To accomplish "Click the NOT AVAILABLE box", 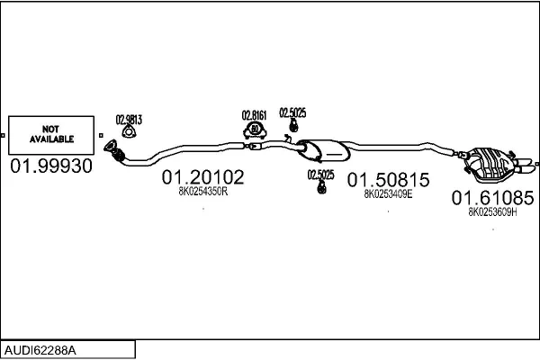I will coord(50,134).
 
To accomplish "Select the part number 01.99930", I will coord(50,167).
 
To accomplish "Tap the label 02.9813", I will coord(130,118).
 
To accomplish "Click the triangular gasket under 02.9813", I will coord(130,133).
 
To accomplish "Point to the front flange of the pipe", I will coord(112,150).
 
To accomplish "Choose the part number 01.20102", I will coord(202,178).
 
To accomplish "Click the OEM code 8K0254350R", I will coord(202,191).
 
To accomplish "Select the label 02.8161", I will coord(255,115).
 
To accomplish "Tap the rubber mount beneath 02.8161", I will coord(255,131).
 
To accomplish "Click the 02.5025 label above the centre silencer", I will coord(292,112).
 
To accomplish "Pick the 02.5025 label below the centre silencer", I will coord(320,175).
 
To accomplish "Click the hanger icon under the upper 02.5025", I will coord(292,126).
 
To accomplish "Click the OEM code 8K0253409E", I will coord(389,193).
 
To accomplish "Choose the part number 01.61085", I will coord(493,197).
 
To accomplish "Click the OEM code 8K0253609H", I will coord(493,211).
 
